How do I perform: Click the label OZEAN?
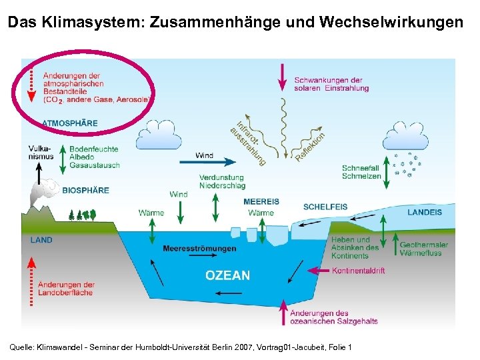[x=228, y=275]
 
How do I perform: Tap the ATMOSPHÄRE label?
[x=69, y=123]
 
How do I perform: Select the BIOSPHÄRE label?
[x=85, y=190]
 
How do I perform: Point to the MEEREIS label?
[x=261, y=201]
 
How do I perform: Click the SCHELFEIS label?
[x=325, y=207]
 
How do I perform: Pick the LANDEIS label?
[x=424, y=212]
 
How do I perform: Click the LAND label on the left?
[x=41, y=240]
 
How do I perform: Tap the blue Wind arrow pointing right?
[x=206, y=161]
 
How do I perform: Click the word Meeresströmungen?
[x=199, y=249]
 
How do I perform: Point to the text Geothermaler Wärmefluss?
[x=423, y=249]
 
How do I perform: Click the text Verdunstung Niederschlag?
[x=221, y=182]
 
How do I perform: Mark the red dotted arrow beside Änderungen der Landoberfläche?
[x=31, y=283]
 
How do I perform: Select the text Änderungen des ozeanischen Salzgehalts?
[x=334, y=317]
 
